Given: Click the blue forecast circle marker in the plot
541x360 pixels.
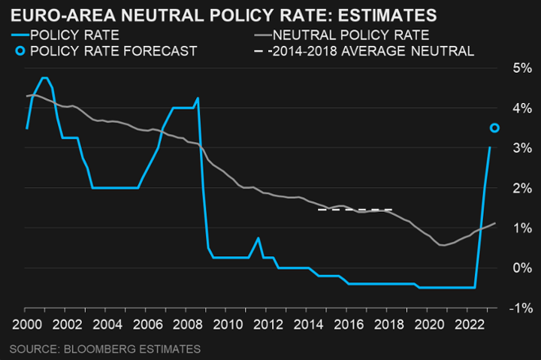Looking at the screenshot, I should click(494, 128).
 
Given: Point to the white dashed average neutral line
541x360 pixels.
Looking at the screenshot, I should click(355, 210).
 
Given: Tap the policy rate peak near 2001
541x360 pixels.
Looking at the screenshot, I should click(45, 78).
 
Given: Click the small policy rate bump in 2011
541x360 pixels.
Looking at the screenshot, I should click(258, 238).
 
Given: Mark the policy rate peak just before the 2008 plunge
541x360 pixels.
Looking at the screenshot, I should click(198, 98).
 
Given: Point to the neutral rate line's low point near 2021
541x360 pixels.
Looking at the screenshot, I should click(443, 245).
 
